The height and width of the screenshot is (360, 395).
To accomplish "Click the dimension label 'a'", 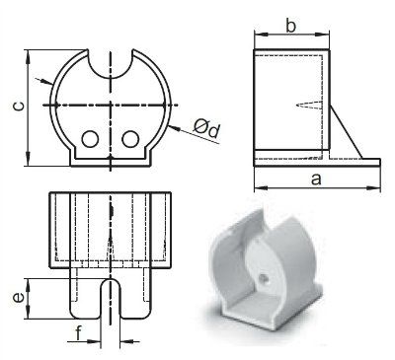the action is point(316,180).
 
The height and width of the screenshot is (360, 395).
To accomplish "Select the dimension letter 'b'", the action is point(291,26).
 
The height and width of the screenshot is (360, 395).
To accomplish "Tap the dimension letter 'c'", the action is point(19,106).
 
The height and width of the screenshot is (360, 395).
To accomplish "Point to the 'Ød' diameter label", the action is point(206,128).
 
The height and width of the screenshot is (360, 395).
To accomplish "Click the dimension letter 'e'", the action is point(19,298).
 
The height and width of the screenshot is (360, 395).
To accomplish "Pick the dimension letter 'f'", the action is point(78,333).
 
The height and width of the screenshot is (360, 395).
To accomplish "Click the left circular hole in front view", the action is point(90,139).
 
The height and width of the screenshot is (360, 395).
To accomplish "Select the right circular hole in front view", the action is point(130,139).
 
